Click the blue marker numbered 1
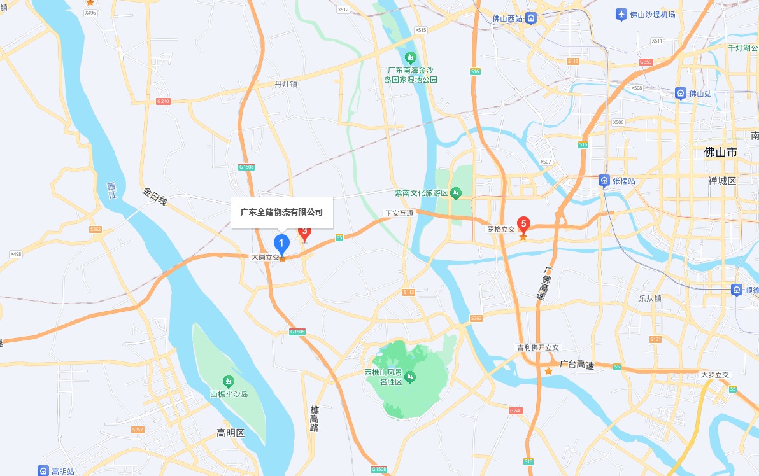tap(281, 242)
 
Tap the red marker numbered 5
tap(523, 224)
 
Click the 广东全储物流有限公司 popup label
tap(281, 212)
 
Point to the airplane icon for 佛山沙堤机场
tap(621, 14)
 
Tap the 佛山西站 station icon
tap(530, 18)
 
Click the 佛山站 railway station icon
tap(681, 94)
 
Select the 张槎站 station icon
tap(604, 181)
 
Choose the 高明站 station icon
tap(43, 471)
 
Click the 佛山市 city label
tap(720, 153)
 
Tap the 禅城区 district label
tap(721, 181)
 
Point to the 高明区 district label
tap(231, 433)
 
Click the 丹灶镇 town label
tap(286, 84)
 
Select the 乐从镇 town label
tap(651, 298)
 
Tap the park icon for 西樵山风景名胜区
tap(410, 377)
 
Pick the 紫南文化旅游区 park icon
tap(456, 193)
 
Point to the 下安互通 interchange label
tap(399, 213)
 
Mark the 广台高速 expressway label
tap(576, 365)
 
